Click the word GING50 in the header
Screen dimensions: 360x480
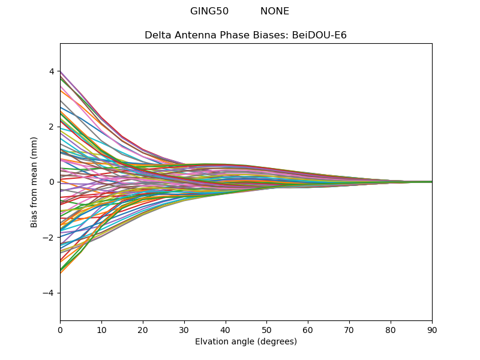tap(209, 11)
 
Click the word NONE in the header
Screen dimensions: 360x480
tap(275, 11)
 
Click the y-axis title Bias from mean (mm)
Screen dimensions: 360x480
tap(35, 182)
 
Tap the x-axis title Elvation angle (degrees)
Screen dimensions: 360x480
tap(246, 342)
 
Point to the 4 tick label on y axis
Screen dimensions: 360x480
tap(52, 71)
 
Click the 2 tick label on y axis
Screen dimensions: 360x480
tap(52, 127)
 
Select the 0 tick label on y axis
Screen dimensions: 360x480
tap(52, 182)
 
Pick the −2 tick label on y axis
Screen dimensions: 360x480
tap(49, 238)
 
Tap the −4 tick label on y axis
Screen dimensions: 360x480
tap(49, 293)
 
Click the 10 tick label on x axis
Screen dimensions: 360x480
tap(101, 329)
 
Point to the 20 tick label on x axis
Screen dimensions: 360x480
tap(143, 329)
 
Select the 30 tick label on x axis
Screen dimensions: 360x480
tap(184, 329)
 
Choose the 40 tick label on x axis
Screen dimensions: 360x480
tap(226, 329)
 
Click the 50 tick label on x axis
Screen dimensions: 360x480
tap(266, 329)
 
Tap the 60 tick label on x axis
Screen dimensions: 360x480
tap(308, 329)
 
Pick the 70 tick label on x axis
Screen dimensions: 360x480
tap(349, 329)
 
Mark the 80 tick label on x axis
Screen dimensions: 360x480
tap(391, 329)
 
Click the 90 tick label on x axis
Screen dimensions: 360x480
tap(432, 329)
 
